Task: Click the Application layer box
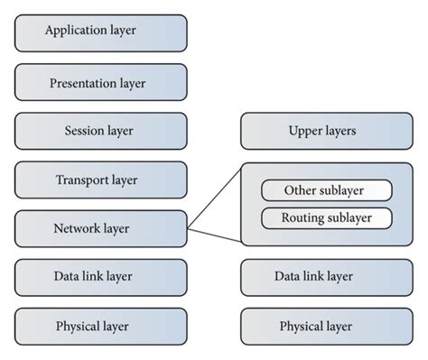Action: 100,31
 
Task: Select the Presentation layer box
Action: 100,82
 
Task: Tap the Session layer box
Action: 100,131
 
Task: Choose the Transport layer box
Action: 100,180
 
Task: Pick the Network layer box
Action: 100,228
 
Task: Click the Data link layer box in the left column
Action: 100,277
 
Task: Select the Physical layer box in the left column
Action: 100,326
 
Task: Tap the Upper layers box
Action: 326,131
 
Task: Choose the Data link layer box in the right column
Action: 326,277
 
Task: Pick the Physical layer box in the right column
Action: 326,326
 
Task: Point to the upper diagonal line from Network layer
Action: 214,196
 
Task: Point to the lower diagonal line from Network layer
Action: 214,236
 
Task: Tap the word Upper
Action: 306,131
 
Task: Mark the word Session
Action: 80,131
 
